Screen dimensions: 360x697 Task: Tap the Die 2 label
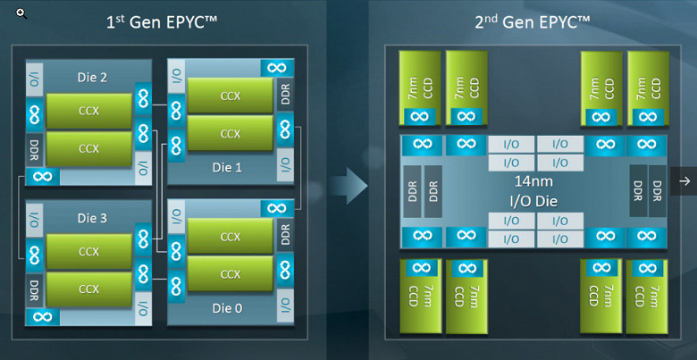(91, 78)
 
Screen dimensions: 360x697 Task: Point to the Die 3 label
(91, 217)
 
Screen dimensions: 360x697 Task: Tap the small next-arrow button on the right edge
(684, 181)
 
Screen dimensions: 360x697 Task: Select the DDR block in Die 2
(34, 147)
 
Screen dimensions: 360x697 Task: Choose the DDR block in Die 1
(285, 96)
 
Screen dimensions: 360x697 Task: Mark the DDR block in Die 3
(34, 288)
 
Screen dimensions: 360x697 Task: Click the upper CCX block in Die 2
(88, 112)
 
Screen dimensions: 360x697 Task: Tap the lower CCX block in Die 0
(231, 272)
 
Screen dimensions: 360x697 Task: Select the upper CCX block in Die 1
(231, 96)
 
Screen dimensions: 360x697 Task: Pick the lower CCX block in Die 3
(88, 289)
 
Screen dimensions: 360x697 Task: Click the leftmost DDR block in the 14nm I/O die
(412, 190)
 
